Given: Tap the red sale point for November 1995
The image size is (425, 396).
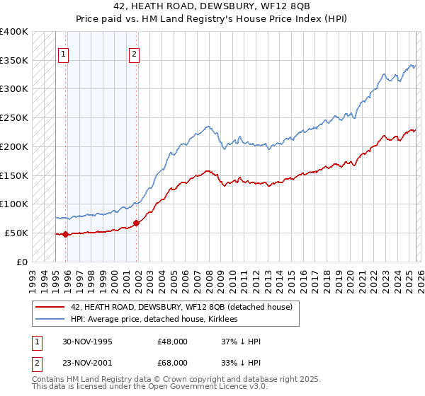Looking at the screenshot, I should pos(65,234).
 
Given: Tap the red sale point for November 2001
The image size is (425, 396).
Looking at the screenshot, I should pos(136,223).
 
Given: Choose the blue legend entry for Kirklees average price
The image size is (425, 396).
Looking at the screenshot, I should pos(155,320).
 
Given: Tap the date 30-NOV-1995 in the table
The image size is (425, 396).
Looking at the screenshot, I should pos(87,342).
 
